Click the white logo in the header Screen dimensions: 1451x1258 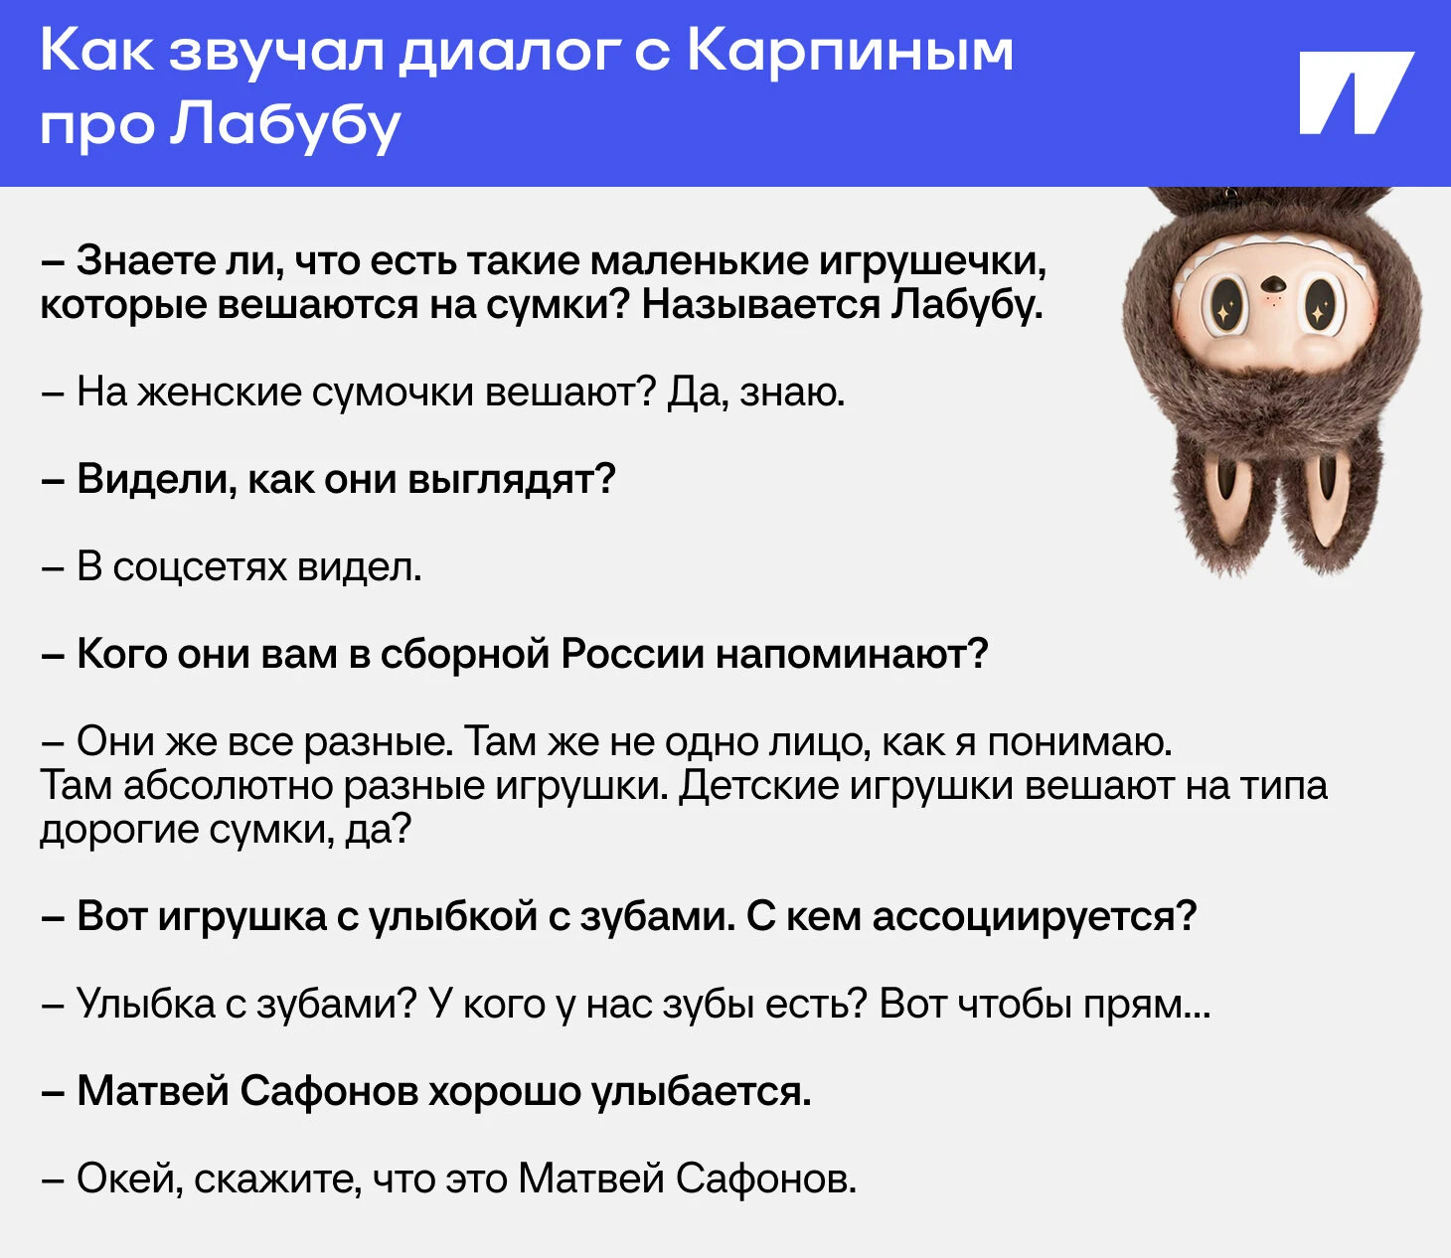(x=1357, y=92)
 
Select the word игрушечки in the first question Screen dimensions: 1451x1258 (x=933, y=262)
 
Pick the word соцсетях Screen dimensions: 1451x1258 (x=200, y=567)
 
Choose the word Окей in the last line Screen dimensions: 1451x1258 (x=130, y=1179)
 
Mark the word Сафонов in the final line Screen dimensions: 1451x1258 (x=766, y=1179)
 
